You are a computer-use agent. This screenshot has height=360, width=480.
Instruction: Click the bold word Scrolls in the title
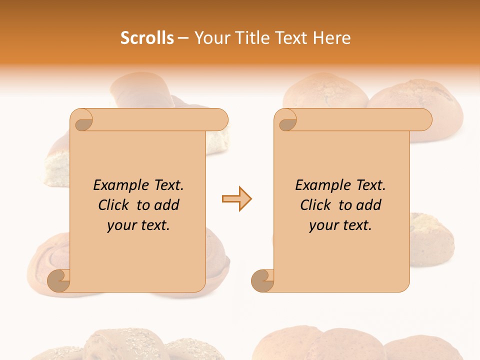click(x=147, y=38)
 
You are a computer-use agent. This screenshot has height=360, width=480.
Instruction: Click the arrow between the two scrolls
click(x=236, y=199)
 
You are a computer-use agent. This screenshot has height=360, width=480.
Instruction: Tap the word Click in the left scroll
click(x=114, y=205)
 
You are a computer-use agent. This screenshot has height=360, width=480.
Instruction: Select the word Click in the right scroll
click(x=316, y=205)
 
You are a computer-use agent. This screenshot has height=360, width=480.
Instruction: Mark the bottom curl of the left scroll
click(x=58, y=280)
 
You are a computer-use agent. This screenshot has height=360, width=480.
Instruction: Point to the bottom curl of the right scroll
click(x=262, y=280)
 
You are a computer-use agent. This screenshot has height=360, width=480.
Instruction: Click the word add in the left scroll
click(x=167, y=205)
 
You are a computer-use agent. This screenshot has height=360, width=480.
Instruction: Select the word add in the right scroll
click(x=369, y=205)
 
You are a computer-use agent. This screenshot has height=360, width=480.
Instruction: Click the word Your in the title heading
click(x=211, y=38)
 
